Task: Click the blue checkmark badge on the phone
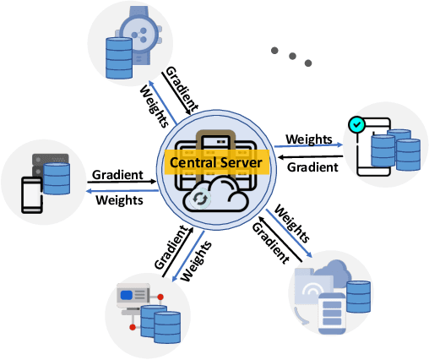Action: coord(358,123)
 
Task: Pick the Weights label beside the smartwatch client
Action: coord(155,100)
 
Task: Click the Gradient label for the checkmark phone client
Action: coord(313,166)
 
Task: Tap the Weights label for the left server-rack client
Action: coord(119,200)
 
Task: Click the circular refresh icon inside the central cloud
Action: coord(200,199)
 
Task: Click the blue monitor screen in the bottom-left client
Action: coord(129,296)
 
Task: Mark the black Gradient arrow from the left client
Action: coord(119,183)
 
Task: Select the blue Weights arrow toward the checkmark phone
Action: coord(312,147)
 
